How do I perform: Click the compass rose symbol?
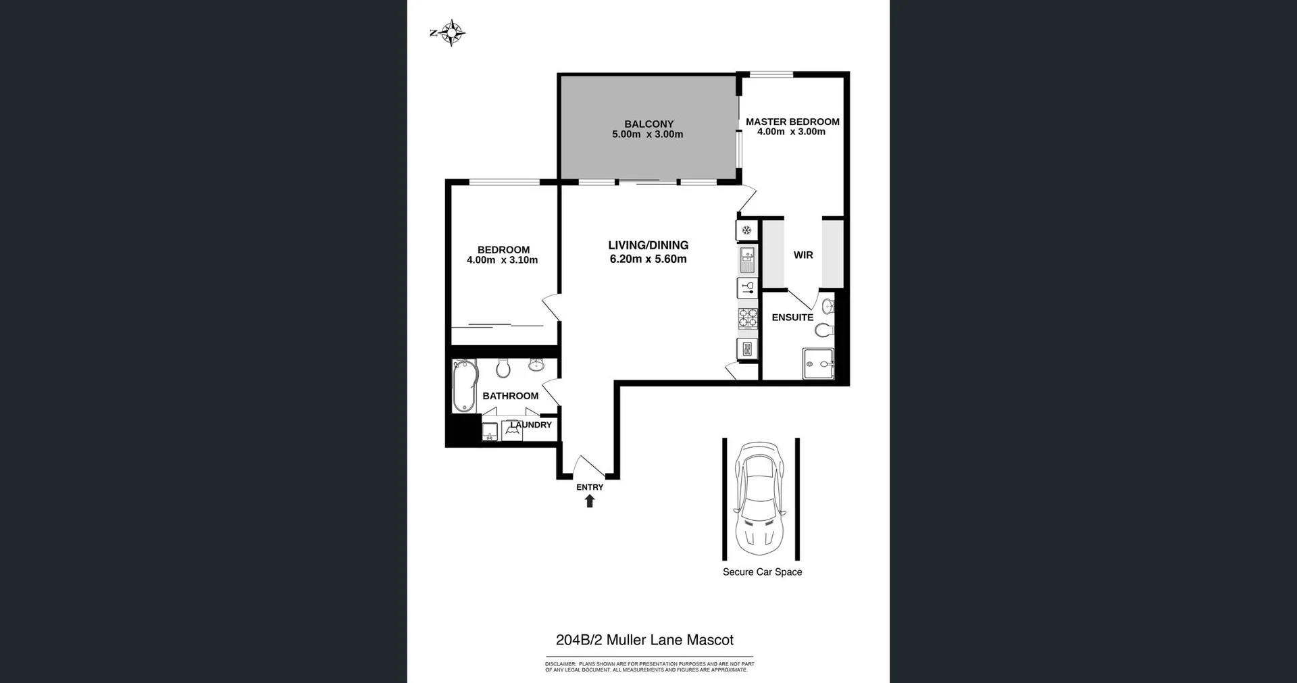[451, 32]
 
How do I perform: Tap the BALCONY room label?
[648, 124]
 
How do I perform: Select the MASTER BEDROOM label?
[792, 122]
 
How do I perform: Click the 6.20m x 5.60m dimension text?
[648, 259]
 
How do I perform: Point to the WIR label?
[803, 255]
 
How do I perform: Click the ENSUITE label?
[792, 317]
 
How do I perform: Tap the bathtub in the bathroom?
[464, 386]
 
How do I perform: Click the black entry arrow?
[590, 501]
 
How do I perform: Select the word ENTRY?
[590, 487]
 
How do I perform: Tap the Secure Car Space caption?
[762, 572]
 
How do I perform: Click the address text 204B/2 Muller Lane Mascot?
[644, 640]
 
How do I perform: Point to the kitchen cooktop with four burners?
[747, 318]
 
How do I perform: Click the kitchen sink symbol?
[747, 259]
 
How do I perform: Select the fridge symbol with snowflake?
[746, 230]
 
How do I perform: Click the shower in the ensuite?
[818, 363]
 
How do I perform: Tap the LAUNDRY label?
[532, 425]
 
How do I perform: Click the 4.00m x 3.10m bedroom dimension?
[502, 260]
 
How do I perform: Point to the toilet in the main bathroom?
[503, 368]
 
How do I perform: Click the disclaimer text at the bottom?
[648, 667]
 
